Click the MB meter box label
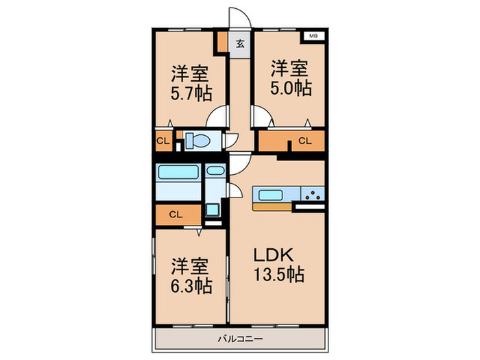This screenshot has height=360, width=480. click(x=313, y=36)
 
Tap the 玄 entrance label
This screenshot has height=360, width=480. click(x=240, y=44)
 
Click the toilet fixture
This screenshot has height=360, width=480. click(x=197, y=141)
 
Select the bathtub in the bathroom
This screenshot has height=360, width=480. click(x=178, y=171)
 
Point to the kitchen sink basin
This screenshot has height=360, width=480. click(x=270, y=195)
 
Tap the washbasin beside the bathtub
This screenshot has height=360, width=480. click(x=215, y=171)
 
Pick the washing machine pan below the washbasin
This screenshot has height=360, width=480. click(x=212, y=210)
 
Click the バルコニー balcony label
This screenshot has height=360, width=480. click(x=240, y=339)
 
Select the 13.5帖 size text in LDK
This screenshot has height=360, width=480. click(x=278, y=274)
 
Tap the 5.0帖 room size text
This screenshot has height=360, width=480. click(x=291, y=88)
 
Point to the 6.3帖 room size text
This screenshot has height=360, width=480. click(x=191, y=286)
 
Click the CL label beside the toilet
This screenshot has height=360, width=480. click(x=163, y=141)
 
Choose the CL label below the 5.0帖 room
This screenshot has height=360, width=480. click(x=305, y=141)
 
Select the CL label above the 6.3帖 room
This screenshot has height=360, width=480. click(x=176, y=214)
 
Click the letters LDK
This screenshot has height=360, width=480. click(x=274, y=255)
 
